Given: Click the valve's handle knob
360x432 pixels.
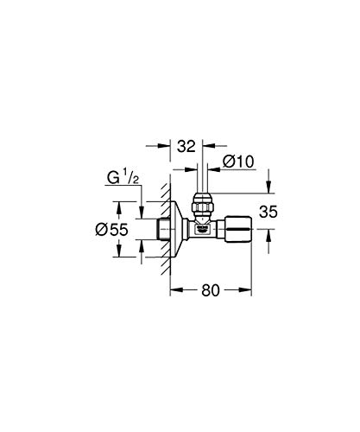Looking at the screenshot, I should tap(237, 230).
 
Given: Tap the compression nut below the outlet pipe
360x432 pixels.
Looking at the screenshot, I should tap(201, 208).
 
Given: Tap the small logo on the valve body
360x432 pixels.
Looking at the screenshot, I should tap(201, 231).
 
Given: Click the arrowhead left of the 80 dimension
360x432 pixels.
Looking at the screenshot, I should tap(173, 292).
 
